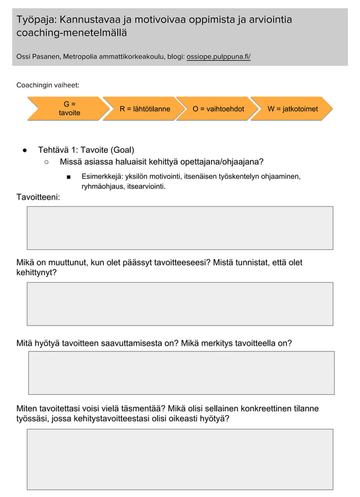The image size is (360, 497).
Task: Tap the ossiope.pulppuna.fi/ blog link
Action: click(218, 57)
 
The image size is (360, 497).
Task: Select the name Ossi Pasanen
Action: click(38, 57)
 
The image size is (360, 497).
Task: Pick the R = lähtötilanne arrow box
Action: click(144, 109)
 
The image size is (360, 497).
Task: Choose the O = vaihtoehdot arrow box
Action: click(218, 109)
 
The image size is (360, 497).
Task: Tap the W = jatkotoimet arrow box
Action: click(292, 109)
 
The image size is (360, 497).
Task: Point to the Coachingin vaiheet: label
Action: click(47, 85)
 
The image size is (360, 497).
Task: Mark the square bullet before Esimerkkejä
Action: click(68, 177)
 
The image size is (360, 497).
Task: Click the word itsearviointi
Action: click(147, 186)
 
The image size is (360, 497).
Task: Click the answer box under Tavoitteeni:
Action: click(180, 228)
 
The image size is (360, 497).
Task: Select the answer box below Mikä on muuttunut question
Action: click(180, 304)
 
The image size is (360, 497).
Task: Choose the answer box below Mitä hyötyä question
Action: click(181, 372)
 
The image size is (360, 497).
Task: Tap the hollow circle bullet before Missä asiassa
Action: click(47, 162)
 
